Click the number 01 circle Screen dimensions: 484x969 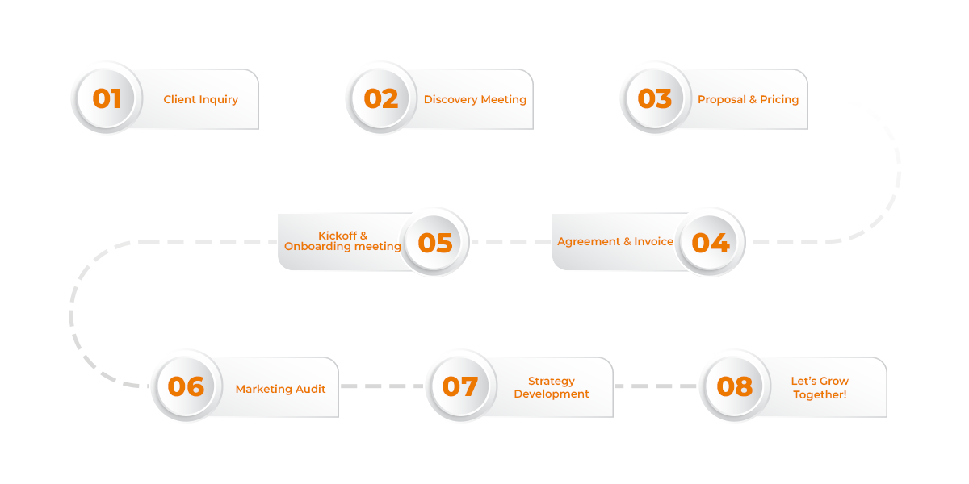(x=107, y=98)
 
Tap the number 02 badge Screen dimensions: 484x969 (x=381, y=98)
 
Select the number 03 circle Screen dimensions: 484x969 (x=655, y=98)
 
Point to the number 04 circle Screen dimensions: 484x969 (x=711, y=242)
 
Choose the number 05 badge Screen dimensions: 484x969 (x=435, y=242)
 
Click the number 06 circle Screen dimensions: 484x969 (x=186, y=386)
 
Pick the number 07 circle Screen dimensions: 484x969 (x=460, y=386)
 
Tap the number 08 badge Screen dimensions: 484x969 (x=734, y=386)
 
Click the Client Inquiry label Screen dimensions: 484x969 (x=201, y=100)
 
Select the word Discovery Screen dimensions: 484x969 (x=447, y=100)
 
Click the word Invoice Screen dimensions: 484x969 (x=653, y=241)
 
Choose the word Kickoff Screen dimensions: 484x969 (x=338, y=236)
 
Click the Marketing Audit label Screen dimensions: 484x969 (x=281, y=389)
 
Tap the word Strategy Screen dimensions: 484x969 (x=552, y=381)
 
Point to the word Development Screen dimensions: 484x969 (x=552, y=394)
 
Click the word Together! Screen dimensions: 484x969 (x=820, y=394)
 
